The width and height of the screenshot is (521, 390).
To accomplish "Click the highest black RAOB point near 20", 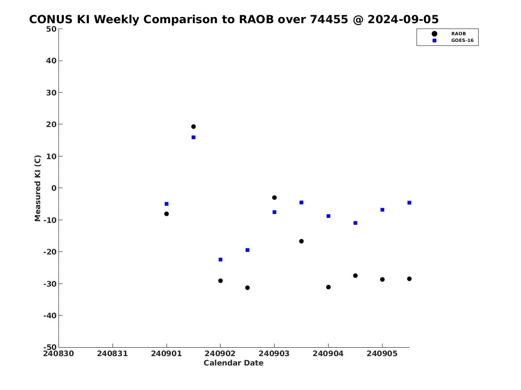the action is (193, 127).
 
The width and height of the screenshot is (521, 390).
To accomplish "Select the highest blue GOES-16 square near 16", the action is (193, 137).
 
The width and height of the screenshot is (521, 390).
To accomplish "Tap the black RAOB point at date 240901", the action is (167, 214).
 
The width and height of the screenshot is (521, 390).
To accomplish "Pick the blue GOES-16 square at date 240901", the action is (167, 204).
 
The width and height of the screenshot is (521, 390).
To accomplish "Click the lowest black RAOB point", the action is (247, 288).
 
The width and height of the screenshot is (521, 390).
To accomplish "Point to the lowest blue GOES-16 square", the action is (220, 260).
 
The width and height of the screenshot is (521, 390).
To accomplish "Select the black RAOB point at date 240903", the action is (275, 197).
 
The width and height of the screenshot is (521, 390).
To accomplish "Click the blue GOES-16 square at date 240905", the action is (382, 210).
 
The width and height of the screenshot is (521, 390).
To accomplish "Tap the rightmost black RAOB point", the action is (409, 279).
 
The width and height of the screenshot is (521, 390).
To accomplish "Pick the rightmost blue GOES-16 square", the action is (409, 203).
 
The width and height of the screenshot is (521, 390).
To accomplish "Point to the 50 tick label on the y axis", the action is (51, 29).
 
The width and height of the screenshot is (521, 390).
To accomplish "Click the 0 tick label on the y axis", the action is (54, 188).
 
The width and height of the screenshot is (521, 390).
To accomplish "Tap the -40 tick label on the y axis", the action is (50, 316).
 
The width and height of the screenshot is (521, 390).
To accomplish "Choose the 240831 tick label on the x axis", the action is (113, 353).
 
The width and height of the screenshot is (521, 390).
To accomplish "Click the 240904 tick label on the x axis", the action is (328, 353).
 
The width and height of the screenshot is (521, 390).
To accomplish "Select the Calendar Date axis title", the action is (233, 363).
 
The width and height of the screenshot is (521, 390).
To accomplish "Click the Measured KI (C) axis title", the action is (38, 188).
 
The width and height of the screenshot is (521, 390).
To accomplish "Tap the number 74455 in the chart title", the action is (329, 20).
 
